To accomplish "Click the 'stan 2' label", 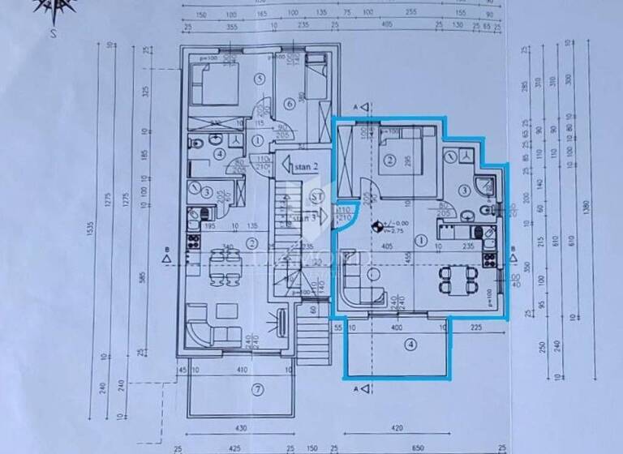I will [x=305, y=165].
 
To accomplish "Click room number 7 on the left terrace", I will [x=257, y=389].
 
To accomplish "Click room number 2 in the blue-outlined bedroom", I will [x=389, y=161].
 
